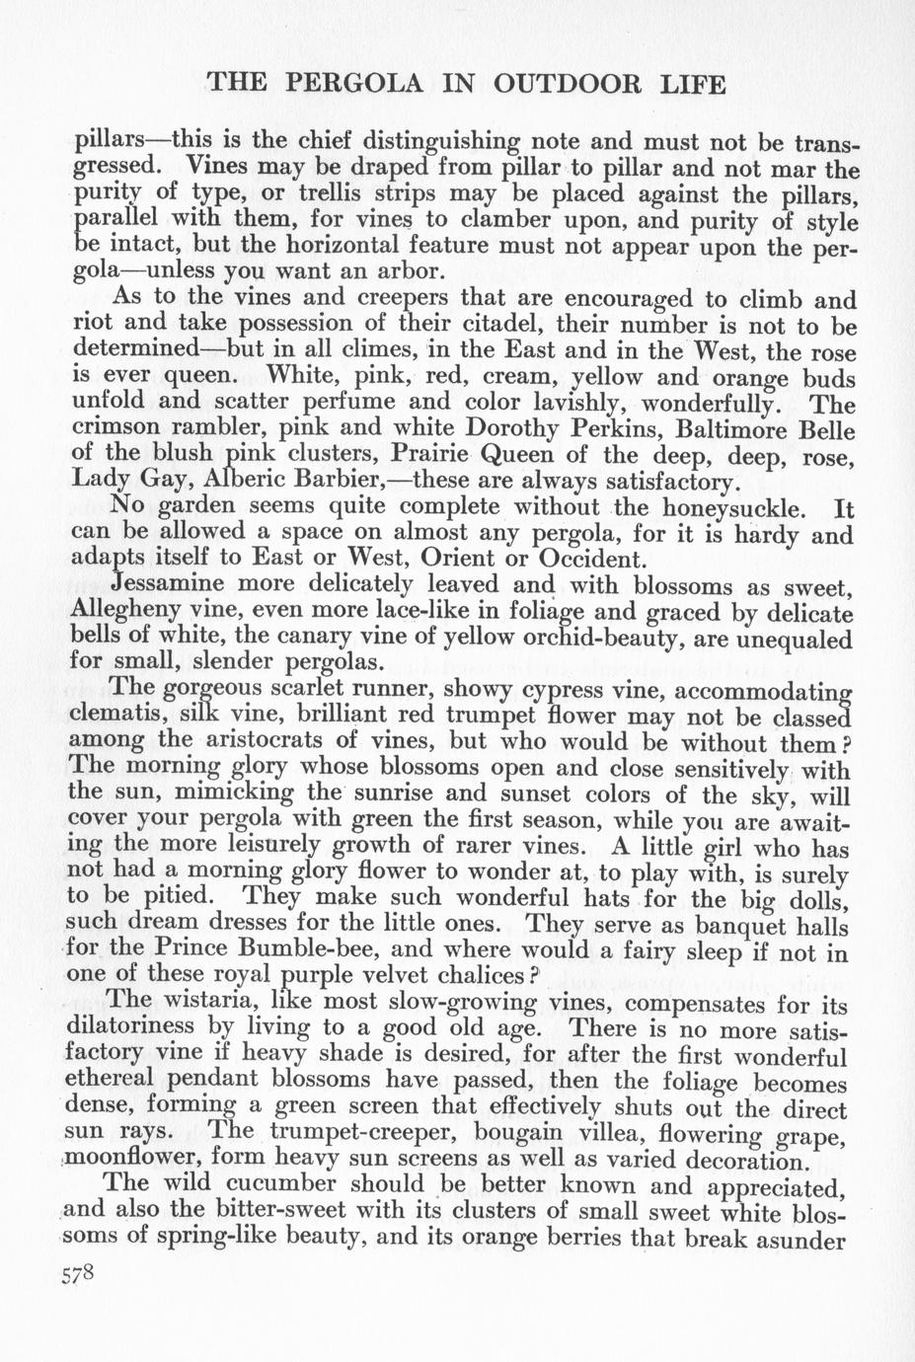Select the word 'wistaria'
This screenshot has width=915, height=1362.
click(x=212, y=1003)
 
